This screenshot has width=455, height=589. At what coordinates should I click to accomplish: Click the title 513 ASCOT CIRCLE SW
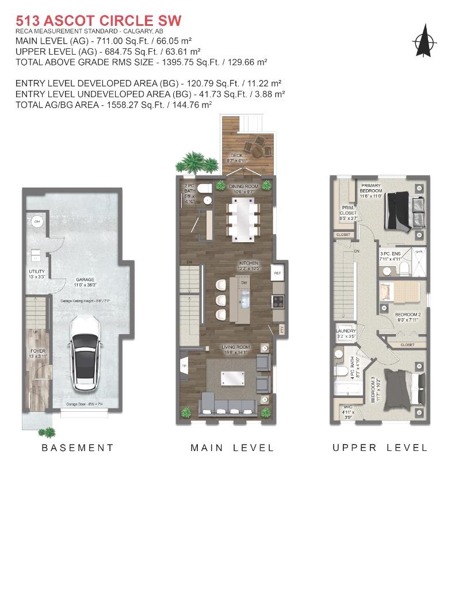tap(98, 21)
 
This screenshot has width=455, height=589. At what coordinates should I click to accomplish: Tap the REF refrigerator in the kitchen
tap(277, 273)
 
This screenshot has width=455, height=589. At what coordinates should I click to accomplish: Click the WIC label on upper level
tap(346, 411)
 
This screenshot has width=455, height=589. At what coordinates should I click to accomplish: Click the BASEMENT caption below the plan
tap(78, 448)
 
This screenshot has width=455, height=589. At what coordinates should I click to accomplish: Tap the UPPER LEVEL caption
tap(380, 448)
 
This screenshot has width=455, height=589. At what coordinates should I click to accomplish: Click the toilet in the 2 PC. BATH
tap(205, 189)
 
